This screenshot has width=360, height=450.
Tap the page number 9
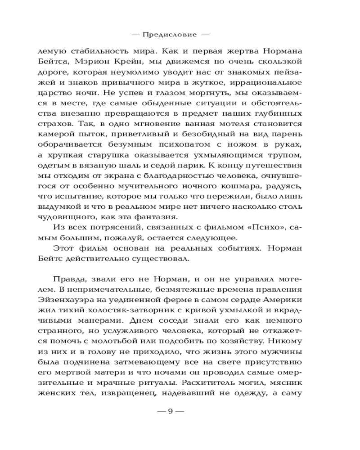point(170,411)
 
